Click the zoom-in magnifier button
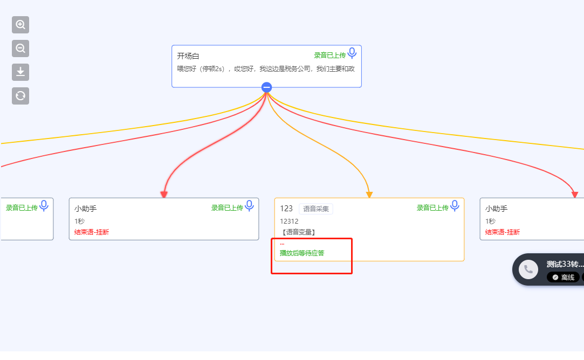click(x=20, y=25)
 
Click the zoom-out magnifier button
click(x=20, y=49)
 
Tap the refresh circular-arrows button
click(x=20, y=96)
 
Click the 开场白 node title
click(x=188, y=56)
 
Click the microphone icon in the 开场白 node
click(x=352, y=53)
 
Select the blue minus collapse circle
click(x=267, y=87)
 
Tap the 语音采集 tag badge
click(x=316, y=209)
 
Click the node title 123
click(x=286, y=209)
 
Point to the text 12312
click(x=289, y=221)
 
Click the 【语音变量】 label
click(x=298, y=232)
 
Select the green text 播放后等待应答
click(x=302, y=253)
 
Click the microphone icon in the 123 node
click(x=455, y=206)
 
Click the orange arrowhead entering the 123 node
click(x=369, y=195)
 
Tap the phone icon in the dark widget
click(x=528, y=269)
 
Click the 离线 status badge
click(x=563, y=278)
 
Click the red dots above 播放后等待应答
click(x=282, y=244)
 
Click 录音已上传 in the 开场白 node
click(x=330, y=56)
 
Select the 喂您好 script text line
click(x=266, y=69)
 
